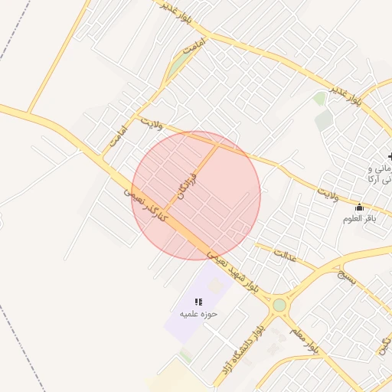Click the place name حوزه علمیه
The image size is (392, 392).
(198, 314)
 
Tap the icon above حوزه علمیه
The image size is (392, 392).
(199, 302)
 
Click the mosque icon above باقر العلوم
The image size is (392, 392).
(359, 207)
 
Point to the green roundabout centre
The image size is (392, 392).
(279, 305)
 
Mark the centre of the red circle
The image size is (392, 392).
(196, 196)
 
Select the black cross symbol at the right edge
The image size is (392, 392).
(389, 156)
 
